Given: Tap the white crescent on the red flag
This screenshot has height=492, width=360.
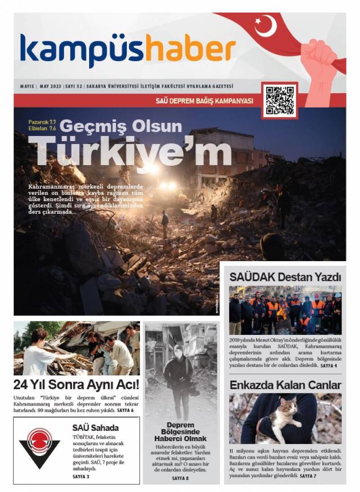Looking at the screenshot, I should pyautogui.click(x=265, y=26).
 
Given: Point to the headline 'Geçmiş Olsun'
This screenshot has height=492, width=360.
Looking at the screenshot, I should pyautogui.click(x=121, y=126).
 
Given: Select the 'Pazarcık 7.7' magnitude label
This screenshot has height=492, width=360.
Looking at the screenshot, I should pyautogui.click(x=42, y=122).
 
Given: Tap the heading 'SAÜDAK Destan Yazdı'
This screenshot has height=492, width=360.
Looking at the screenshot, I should pyautogui.click(x=285, y=277).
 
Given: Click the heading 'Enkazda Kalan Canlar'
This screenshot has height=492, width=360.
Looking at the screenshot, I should pyautogui.click(x=285, y=385).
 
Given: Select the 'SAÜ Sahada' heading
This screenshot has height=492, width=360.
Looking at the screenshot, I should pyautogui.click(x=95, y=428).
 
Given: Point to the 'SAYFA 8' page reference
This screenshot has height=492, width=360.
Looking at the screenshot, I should pyautogui.click(x=180, y=478).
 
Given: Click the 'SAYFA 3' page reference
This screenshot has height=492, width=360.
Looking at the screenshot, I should pyautogui.click(x=81, y=476).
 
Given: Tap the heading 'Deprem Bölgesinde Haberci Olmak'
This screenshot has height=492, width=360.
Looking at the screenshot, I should pyautogui.click(x=180, y=432).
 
